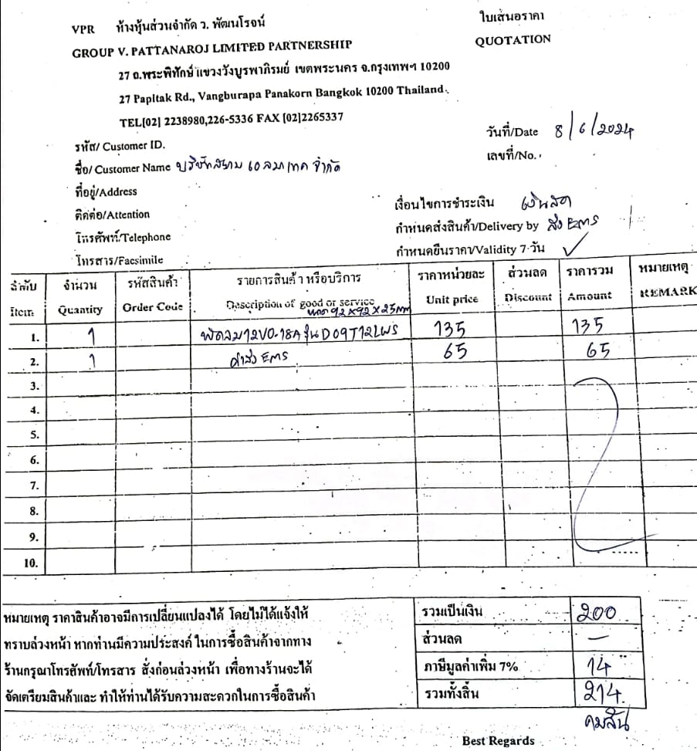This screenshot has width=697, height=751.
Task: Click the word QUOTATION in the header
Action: pyautogui.click(x=513, y=39)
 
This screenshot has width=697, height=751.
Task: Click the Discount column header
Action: pyautogui.click(x=529, y=297)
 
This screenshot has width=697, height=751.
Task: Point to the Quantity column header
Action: pyautogui.click(x=80, y=310)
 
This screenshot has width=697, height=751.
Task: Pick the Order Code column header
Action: pyautogui.click(x=153, y=306)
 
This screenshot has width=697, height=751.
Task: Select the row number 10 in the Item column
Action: pyautogui.click(x=31, y=563)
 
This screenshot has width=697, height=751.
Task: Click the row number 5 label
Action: pyautogui.click(x=33, y=435)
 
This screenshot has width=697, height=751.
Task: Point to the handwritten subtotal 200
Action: pyautogui.click(x=597, y=614)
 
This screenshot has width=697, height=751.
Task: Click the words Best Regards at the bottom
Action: pyautogui.click(x=498, y=741)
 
